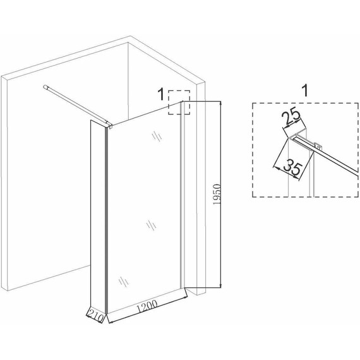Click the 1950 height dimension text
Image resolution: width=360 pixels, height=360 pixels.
(217, 195)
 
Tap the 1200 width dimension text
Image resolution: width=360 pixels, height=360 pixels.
(148, 306)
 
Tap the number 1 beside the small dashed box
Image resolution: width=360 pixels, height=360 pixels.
(161, 94)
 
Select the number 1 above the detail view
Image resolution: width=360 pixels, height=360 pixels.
(304, 90)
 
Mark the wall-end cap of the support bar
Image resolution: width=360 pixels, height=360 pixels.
(45, 87)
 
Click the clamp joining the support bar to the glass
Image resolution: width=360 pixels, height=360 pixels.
(109, 125)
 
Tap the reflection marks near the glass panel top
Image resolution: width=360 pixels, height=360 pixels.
(157, 136)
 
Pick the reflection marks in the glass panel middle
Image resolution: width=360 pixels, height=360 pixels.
(152, 225)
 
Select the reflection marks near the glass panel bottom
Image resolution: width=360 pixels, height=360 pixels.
(124, 281)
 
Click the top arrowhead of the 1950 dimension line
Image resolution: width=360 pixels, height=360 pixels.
(221, 103)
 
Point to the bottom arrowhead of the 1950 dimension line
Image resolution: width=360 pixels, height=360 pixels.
(221, 285)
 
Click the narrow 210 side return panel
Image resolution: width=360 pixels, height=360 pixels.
(97, 216)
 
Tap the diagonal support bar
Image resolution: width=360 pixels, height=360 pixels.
(76, 105)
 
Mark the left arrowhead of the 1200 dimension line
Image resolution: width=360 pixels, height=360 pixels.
(111, 322)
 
